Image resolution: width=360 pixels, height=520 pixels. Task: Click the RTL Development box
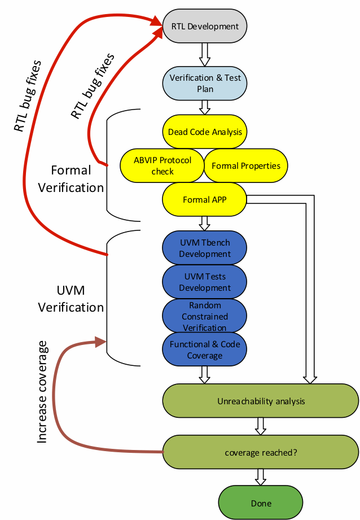pos(205,27)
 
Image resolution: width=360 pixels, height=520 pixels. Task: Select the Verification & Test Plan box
pos(205,83)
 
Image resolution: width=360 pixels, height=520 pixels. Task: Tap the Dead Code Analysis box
pos(205,132)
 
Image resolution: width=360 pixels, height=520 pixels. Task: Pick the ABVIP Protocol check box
pos(163,165)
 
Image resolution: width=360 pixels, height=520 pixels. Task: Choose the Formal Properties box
pos(245,165)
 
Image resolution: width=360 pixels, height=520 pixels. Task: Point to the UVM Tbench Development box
pos(205,248)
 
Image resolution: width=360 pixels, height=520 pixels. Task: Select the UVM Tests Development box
pos(205,282)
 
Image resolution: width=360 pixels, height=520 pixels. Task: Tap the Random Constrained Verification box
pos(205,316)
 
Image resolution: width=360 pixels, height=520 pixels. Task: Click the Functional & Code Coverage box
pos(205,350)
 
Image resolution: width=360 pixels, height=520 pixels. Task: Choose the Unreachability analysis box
pos(261,401)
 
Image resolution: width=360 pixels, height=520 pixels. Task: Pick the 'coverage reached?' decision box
pos(261,452)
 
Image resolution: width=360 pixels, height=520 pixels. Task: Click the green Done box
pos(261,503)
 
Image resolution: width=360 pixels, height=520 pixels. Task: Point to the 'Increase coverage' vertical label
pos(43,391)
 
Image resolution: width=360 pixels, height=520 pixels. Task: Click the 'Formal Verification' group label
pos(71,178)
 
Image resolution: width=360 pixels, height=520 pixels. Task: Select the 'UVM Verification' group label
pos(71,299)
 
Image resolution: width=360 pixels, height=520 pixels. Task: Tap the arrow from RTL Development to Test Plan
pos(205,55)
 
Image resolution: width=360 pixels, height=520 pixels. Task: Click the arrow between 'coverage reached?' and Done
pos(261,477)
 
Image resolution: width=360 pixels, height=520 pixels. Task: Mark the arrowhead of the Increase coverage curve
pos(101,342)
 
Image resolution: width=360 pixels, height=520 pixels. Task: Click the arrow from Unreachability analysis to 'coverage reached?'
pos(261,426)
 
